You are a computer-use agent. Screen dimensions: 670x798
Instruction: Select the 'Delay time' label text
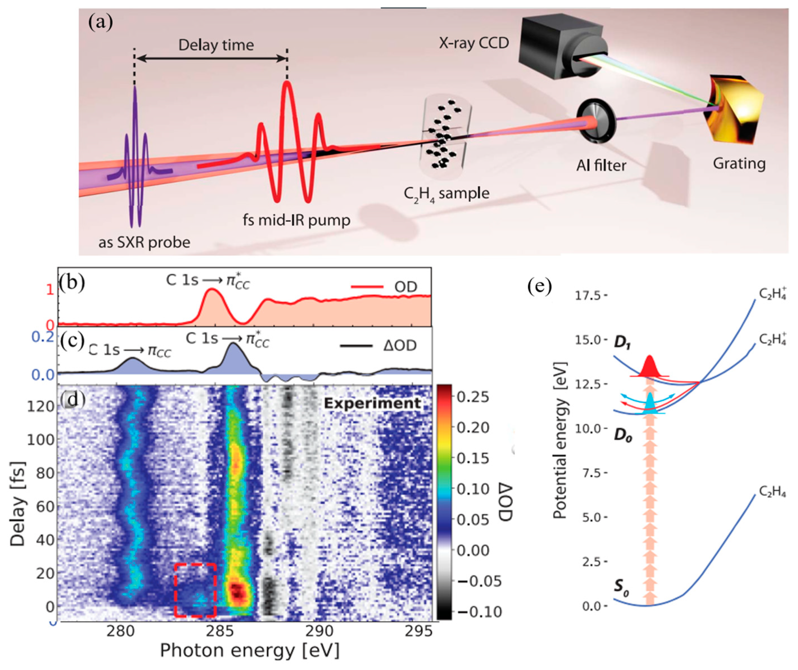pyautogui.click(x=216, y=45)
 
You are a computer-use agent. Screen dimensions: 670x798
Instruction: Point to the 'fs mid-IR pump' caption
pyautogui.click(x=296, y=220)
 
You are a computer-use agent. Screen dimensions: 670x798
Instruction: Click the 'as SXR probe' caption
pyautogui.click(x=144, y=242)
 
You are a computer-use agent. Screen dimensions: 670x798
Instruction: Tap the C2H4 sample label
pyautogui.click(x=446, y=194)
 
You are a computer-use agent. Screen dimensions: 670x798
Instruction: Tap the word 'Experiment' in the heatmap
pyautogui.click(x=372, y=403)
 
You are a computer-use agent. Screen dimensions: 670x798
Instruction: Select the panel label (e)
pyautogui.click(x=539, y=287)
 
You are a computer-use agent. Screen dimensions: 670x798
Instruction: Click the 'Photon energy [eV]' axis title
pyautogui.click(x=250, y=651)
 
